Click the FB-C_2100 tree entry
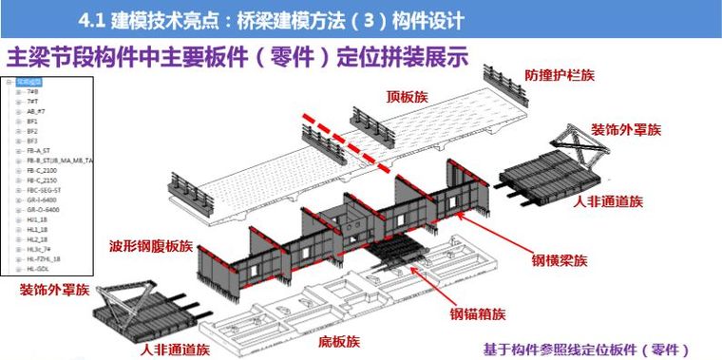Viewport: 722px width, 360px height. (x=42, y=170)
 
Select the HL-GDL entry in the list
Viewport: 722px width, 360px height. (x=38, y=268)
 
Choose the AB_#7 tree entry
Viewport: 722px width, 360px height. (x=36, y=111)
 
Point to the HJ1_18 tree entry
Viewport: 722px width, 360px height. (x=37, y=219)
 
